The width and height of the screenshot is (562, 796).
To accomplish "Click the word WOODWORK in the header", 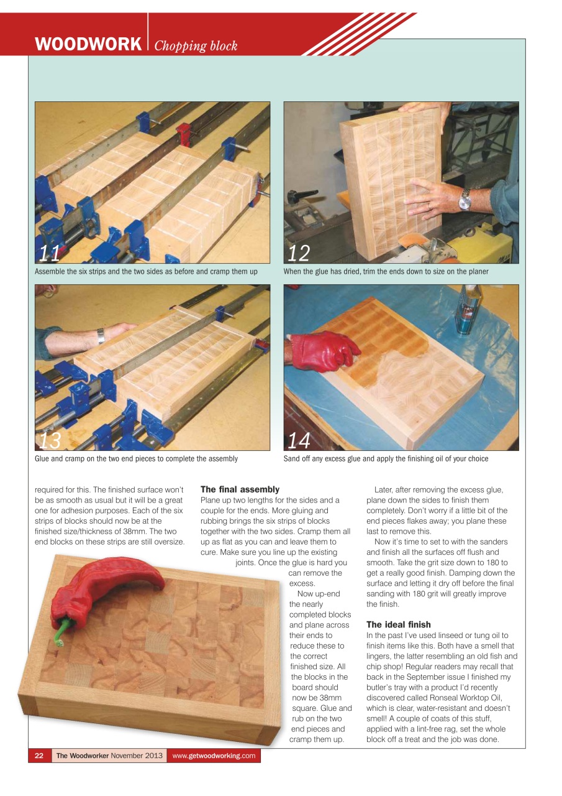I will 88,45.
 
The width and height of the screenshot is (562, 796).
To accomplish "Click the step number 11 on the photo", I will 50,254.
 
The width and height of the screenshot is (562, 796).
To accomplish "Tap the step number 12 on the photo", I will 299,254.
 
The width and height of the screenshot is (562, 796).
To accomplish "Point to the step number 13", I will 50,440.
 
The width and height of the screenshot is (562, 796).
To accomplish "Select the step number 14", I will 299,440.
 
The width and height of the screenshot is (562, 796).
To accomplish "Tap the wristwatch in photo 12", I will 465,200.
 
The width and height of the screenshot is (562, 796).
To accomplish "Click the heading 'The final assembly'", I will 240,489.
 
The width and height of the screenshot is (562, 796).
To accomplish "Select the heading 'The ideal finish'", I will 398,624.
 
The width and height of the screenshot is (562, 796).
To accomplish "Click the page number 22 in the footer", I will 39,756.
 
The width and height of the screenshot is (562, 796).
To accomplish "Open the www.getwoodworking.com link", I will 214,756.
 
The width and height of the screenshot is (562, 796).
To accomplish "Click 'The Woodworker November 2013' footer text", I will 109,756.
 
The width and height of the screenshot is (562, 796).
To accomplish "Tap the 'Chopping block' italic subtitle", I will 196,46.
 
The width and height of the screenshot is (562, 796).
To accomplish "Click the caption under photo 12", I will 386,271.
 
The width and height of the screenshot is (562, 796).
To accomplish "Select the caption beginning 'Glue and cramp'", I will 136,458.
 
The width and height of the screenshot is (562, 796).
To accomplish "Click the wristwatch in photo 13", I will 101,336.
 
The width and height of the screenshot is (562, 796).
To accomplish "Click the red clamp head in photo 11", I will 183,133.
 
